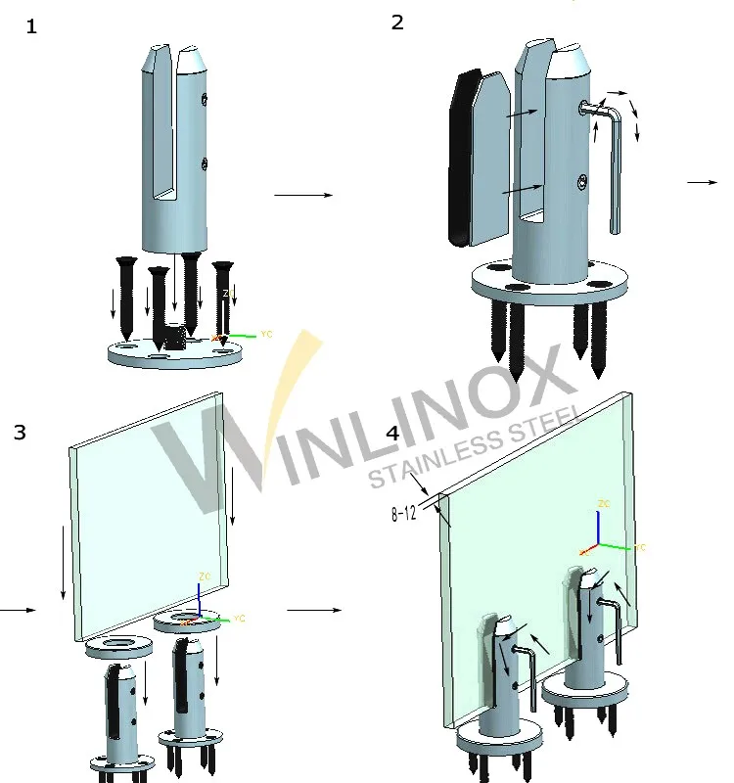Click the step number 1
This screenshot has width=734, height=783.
[x=32, y=26]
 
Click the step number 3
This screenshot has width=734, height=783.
[x=20, y=432]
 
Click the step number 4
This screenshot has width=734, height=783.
[x=393, y=433]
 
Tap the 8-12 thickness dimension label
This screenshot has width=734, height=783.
[x=404, y=512]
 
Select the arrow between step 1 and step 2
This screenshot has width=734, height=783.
[x=303, y=195]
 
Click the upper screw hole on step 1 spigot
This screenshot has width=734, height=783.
[x=204, y=98]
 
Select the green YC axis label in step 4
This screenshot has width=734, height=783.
[x=640, y=547]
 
